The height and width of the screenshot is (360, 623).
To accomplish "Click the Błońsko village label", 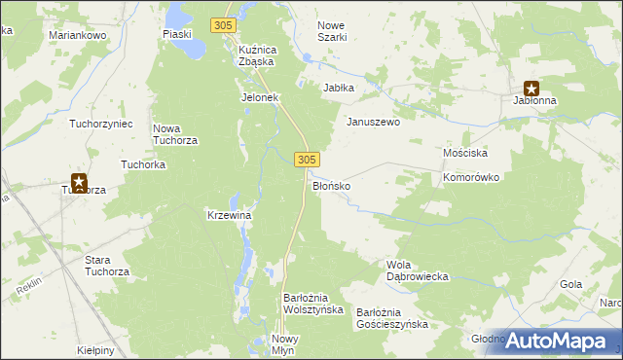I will pyautogui.click(x=330, y=185).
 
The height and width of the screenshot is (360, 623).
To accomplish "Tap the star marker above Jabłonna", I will pyautogui.click(x=531, y=88).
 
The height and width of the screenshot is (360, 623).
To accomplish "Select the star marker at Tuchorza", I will pyautogui.click(x=79, y=181).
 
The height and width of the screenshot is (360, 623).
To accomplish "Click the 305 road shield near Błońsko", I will pyautogui.click(x=307, y=159).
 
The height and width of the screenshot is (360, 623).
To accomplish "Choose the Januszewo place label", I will pyautogui.click(x=374, y=123).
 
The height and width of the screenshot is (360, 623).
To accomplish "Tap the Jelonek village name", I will pyautogui.click(x=260, y=98).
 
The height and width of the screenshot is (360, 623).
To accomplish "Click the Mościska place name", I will pyautogui.click(x=464, y=154).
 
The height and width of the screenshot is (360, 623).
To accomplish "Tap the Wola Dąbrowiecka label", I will pyautogui.click(x=417, y=270).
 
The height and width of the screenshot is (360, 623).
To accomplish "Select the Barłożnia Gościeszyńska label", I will pyautogui.click(x=391, y=318).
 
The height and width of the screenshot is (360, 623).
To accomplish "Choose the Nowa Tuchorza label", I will pyautogui.click(x=176, y=134).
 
